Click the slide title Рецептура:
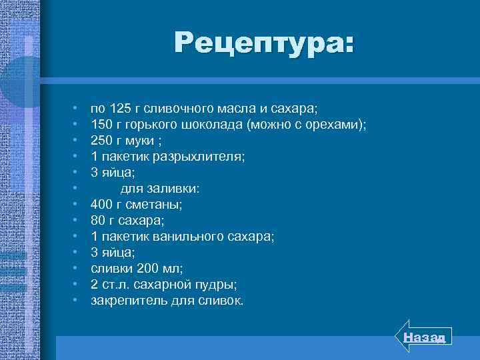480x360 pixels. tap(265, 44)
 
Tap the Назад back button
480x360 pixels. tap(427, 337)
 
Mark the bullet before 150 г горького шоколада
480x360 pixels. tap(77, 124)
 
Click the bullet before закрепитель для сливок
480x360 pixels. tap(77, 301)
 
